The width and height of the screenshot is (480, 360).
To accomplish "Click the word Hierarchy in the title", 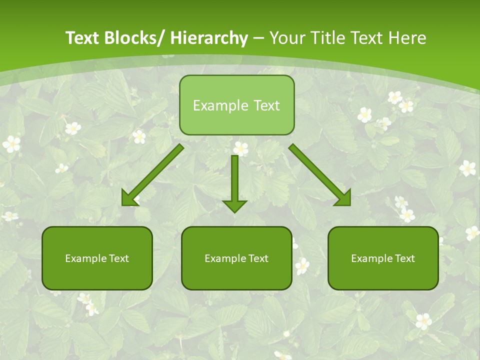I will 209,38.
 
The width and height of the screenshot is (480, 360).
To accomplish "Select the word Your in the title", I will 286,38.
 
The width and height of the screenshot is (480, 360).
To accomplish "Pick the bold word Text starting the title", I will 83,38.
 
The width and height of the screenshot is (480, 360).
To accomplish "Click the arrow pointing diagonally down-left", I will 153,175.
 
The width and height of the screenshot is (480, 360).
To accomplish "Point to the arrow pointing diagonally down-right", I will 320,175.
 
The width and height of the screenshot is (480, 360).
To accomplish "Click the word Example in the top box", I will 213,105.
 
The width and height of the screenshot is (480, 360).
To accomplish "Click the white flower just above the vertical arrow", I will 240,148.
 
